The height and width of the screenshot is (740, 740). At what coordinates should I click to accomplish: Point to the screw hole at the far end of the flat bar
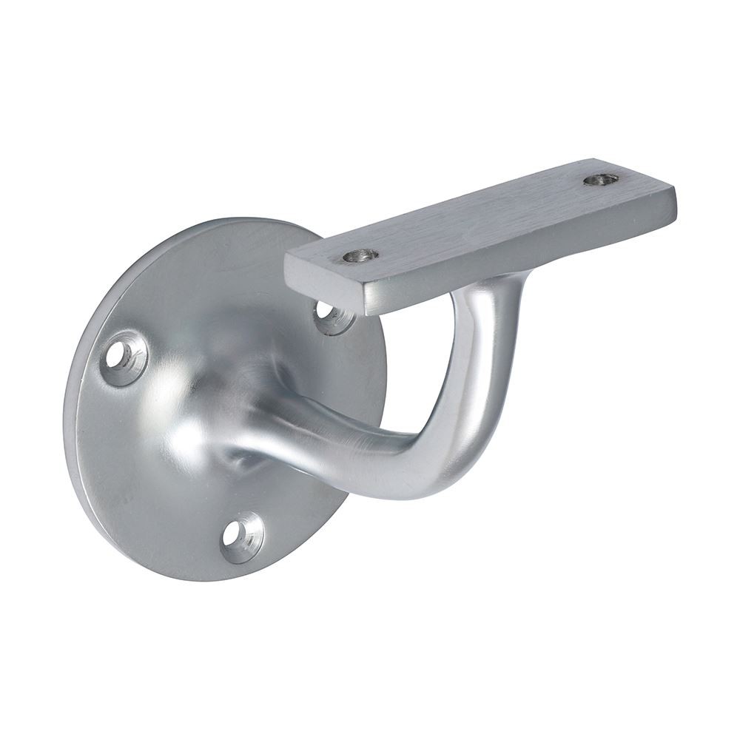(x=599, y=179)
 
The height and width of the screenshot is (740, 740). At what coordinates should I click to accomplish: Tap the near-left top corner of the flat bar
(x=286, y=255)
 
